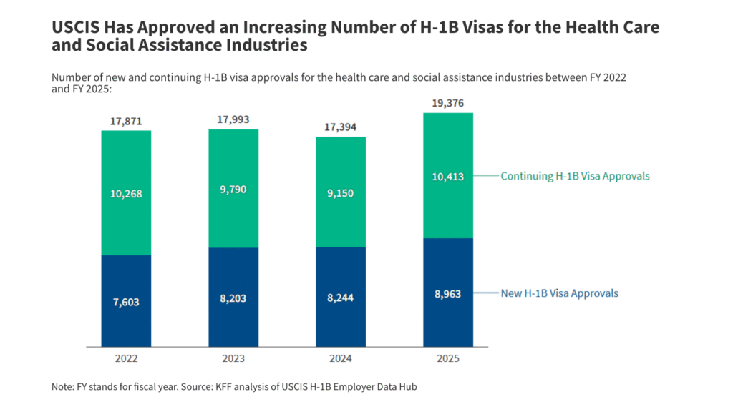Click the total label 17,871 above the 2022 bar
tap(126, 122)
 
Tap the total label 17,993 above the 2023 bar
tap(233, 120)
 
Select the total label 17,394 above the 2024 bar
tap(341, 127)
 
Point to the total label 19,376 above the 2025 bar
tap(448, 104)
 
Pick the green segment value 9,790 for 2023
tap(233, 189)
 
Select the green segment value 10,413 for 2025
tap(448, 176)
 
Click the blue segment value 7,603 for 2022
tap(126, 302)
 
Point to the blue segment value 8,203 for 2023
tap(233, 298)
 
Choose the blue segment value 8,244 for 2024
tap(341, 298)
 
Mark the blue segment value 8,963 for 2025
tap(448, 293)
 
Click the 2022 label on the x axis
tap(126, 358)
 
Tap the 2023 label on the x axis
tap(233, 358)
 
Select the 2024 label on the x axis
tap(341, 358)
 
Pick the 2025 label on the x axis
tap(448, 358)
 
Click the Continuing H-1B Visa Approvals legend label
tap(575, 176)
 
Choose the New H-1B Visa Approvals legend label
tap(559, 293)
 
